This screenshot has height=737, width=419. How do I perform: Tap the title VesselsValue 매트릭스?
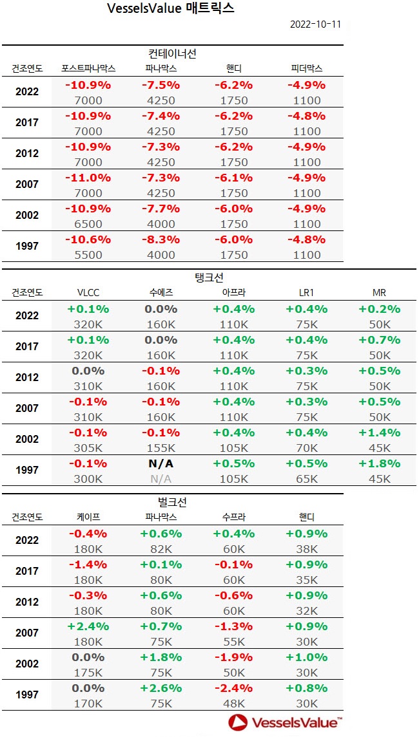pos(171,8)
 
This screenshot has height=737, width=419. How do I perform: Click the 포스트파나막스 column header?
pos(88,68)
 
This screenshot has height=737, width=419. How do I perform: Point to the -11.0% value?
pos(88,177)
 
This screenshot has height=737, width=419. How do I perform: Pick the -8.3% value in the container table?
pos(161,239)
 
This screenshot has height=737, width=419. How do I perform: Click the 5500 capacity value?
pos(88,255)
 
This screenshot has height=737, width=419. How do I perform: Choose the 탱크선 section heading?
pos(209,277)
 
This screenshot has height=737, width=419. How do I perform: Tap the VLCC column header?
pos(88,293)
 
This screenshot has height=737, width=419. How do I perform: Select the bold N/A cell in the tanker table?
pos(161,463)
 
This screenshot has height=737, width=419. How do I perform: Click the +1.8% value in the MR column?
pos(379,463)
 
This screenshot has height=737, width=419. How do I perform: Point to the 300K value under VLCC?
pos(88,479)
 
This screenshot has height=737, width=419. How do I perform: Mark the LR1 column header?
pos(306,293)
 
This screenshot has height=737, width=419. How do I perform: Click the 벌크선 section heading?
pos(172,501)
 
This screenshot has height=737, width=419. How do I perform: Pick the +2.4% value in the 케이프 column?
pos(88,626)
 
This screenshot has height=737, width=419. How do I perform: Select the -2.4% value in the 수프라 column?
pos(233,687)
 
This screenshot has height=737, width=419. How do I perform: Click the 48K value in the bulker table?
pos(233,703)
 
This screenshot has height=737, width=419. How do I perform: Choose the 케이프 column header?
pos(88,517)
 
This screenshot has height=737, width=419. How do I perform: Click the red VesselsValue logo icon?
pos(239,722)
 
